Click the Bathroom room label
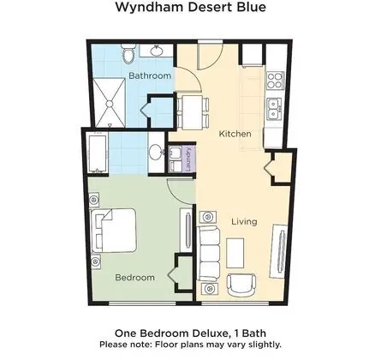[x=150, y=75]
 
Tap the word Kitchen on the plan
[x=235, y=134]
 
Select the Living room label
[x=244, y=222]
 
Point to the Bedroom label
[x=135, y=278]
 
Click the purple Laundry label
[x=188, y=159]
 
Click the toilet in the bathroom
[x=128, y=54]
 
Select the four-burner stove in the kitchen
[x=275, y=80]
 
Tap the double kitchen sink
[x=274, y=109]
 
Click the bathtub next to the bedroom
[x=98, y=153]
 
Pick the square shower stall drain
[x=110, y=104]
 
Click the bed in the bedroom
[x=113, y=231]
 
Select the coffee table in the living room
[x=235, y=253]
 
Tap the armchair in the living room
[x=241, y=285]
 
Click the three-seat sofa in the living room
[x=209, y=254]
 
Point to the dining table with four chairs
[x=193, y=112]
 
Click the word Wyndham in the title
[x=149, y=7]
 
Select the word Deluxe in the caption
[x=210, y=333]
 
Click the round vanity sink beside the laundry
[x=156, y=152]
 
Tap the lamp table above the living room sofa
[x=208, y=217]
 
